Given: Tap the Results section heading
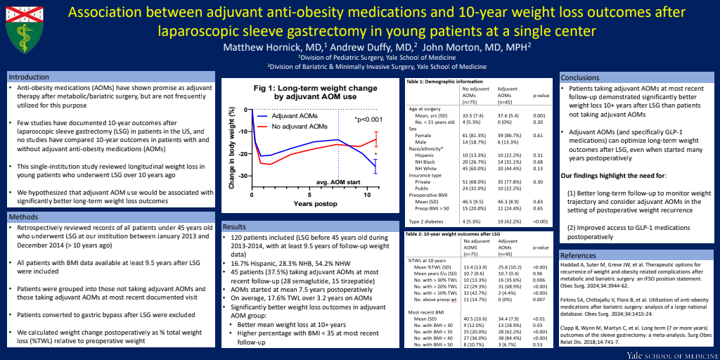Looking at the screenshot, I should (x=237, y=227).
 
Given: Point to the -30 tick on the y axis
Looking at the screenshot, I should (x=246, y=193).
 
